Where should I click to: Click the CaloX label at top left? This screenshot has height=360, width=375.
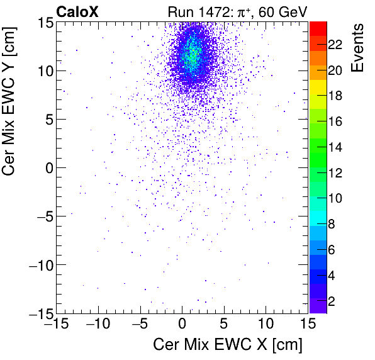coord(77,11)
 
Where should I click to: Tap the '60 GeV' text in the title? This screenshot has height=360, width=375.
coord(281,11)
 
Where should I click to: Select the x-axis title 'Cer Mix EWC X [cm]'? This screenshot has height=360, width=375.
coord(228,345)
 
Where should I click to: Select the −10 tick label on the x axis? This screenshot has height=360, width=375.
coord(96,324)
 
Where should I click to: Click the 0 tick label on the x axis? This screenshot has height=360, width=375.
coord(182,324)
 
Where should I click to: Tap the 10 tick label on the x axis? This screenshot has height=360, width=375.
coord(266,324)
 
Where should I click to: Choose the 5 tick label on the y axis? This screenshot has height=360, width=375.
coord(46,119)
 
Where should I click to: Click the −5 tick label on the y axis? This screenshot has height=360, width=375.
coord(43,217)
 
